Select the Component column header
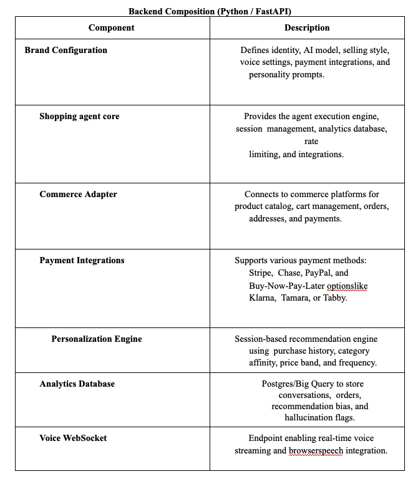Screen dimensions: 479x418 click(x=111, y=27)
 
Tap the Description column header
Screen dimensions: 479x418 click(x=307, y=27)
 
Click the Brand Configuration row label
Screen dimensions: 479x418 click(x=66, y=50)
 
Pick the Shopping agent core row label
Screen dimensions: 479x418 click(x=79, y=116)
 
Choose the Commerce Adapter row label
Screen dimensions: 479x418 click(x=78, y=194)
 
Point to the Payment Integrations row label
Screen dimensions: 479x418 click(x=82, y=260)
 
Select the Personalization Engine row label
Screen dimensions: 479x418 click(x=97, y=339)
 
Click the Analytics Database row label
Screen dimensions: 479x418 click(x=77, y=384)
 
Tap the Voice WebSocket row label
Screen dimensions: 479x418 click(x=73, y=438)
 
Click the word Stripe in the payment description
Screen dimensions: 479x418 click(x=260, y=273)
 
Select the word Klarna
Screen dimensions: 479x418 click(x=262, y=298)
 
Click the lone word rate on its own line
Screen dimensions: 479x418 click(x=311, y=142)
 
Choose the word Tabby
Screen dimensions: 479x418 click(x=334, y=298)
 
